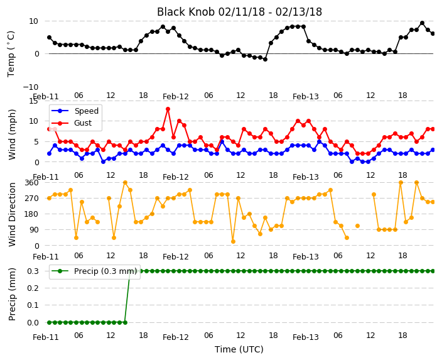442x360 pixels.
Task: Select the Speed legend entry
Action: tap(75, 111)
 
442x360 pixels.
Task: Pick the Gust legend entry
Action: tap(72, 123)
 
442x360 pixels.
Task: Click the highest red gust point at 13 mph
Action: tap(168, 109)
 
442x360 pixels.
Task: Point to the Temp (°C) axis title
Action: tap(11, 54)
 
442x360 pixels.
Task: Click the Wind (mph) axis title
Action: tap(12, 134)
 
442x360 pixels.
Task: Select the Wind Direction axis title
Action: tap(12, 214)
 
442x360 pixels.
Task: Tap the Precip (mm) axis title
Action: tap(12, 294)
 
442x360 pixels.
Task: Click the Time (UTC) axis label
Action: tap(239, 349)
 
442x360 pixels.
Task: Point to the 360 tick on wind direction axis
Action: tap(31, 183)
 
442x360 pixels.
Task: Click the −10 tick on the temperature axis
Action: tap(30, 87)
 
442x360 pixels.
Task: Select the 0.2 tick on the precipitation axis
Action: tap(33, 288)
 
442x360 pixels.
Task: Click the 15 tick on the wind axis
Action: tap(33, 101)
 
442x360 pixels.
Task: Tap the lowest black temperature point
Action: tap(265, 59)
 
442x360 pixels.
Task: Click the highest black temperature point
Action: tap(422, 23)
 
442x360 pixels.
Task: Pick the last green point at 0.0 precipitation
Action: tap(125, 322)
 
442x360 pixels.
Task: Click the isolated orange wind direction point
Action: tap(357, 226)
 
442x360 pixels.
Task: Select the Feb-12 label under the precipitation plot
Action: tap(176, 337)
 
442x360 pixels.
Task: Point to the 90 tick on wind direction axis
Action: tap(34, 230)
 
